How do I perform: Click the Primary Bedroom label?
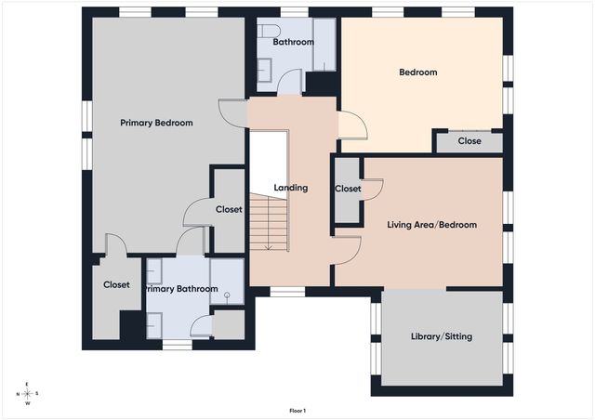[x=156, y=123]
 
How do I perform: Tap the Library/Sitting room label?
[x=442, y=336]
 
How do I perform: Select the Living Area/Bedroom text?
[x=431, y=225]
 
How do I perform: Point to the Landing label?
[x=291, y=188]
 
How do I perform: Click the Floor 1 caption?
[x=297, y=411]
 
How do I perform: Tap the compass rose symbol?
[x=27, y=394]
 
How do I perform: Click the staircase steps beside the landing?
[x=269, y=222]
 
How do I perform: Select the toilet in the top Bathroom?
[x=269, y=31]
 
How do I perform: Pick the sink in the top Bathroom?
[x=264, y=70]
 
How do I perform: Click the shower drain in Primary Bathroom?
[x=227, y=295]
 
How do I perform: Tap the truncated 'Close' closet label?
[x=469, y=141]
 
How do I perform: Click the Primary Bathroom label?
[x=181, y=289]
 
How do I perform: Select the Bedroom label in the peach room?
[x=418, y=72]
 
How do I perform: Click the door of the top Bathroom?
[x=289, y=82]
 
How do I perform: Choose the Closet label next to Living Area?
[x=348, y=189]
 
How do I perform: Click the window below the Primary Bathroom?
[x=178, y=345]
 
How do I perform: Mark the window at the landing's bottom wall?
[x=287, y=292]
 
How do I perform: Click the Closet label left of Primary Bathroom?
[x=116, y=284]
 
